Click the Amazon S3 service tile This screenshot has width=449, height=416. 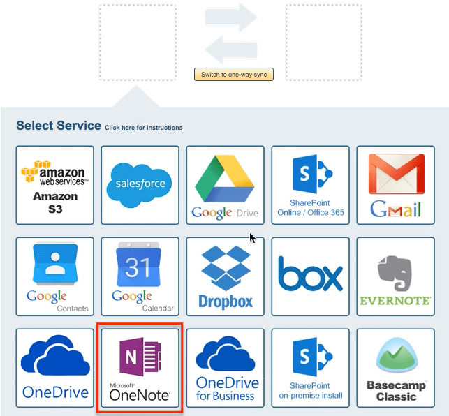coord(55,185)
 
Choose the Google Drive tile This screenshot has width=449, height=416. coord(226,185)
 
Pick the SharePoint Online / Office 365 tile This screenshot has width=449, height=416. coord(311,185)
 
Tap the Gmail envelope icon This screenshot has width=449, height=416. coord(396,183)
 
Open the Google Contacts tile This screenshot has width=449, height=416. coord(55,276)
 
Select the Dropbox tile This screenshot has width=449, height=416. coord(226,276)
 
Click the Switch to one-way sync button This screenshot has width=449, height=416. coord(234,75)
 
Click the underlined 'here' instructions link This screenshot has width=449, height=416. coord(128,128)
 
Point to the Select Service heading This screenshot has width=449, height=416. coord(59,126)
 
